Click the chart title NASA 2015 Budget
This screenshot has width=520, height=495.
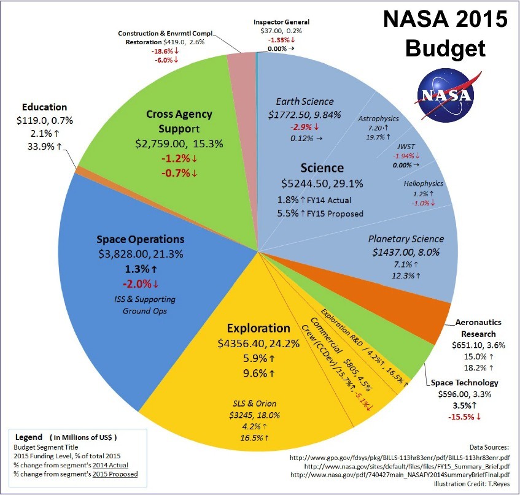click(x=445, y=33)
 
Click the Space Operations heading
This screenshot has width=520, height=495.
click(x=140, y=239)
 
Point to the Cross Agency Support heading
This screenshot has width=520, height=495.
click(x=179, y=121)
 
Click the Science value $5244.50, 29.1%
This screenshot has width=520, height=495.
click(x=322, y=183)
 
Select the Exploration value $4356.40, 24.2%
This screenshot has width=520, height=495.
click(x=258, y=343)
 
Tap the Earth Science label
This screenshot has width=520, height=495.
click(x=305, y=101)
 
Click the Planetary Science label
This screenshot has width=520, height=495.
click(x=406, y=239)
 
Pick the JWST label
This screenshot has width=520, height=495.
click(x=406, y=147)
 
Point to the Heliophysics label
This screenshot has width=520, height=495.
click(x=423, y=183)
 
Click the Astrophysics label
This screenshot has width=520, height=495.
click(x=378, y=118)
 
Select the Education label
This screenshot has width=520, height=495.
click(x=44, y=107)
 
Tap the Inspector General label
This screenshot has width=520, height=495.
click(x=281, y=22)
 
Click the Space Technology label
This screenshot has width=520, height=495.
click(x=464, y=383)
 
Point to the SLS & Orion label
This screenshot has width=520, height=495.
click(x=254, y=403)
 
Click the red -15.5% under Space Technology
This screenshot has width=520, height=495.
click(x=464, y=417)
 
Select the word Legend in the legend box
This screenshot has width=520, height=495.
click(x=29, y=437)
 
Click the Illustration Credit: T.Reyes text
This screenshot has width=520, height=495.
click(x=471, y=484)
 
